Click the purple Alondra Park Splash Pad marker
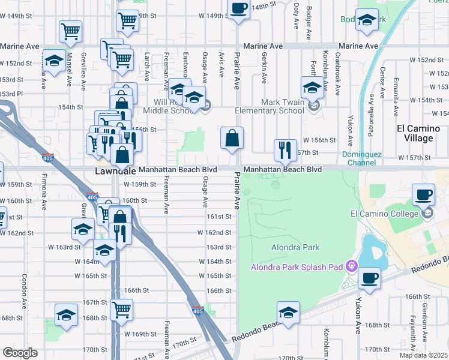tap(350, 266)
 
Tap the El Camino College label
tap(384, 213)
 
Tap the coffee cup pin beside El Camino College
tap(423, 194)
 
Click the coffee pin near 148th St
tap(238, 9)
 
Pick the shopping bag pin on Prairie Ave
tap(232, 138)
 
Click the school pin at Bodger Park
tap(366, 21)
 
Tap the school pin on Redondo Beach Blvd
tap(288, 313)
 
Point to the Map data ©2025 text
tap(423, 355)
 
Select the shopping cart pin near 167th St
tap(122, 310)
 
